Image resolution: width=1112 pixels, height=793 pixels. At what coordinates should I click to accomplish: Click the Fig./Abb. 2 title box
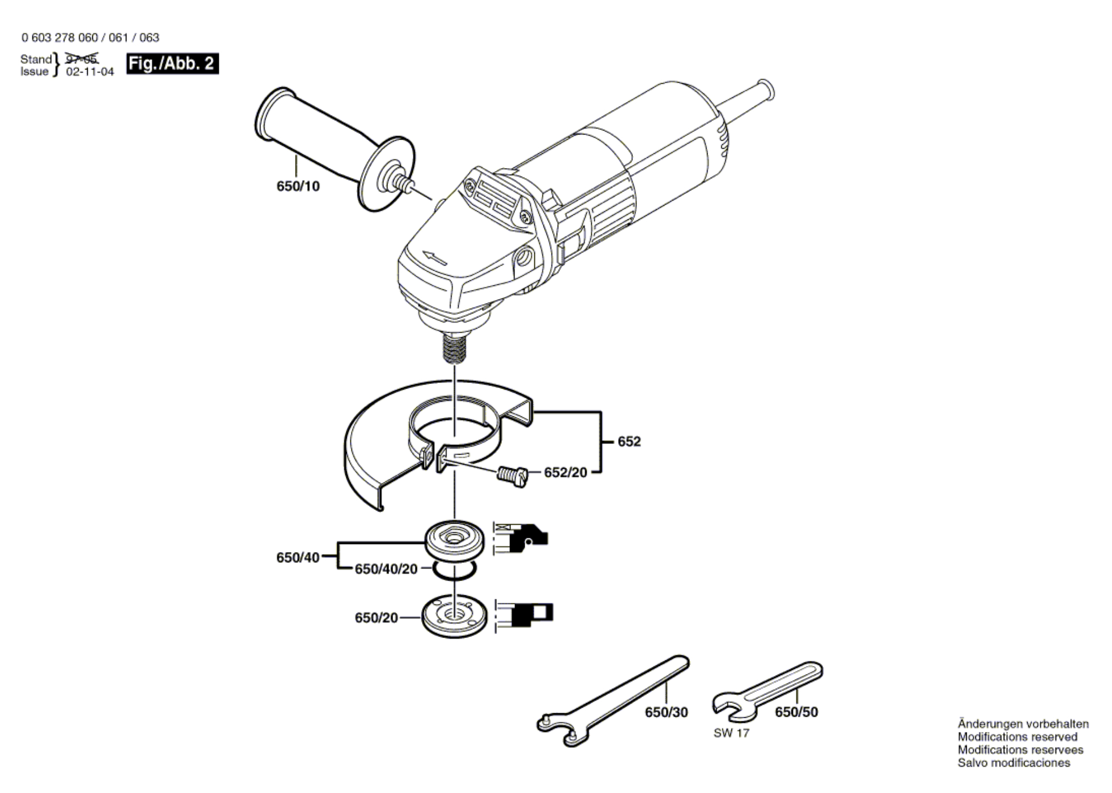click(173, 63)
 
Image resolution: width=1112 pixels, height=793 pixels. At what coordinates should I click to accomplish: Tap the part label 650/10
click(298, 186)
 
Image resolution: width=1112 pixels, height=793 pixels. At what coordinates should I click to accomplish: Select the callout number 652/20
click(565, 473)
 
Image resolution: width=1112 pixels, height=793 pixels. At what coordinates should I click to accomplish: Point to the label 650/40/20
click(386, 569)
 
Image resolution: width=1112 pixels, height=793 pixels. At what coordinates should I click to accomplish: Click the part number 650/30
click(667, 712)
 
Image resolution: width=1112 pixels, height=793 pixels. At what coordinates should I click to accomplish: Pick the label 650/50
click(796, 712)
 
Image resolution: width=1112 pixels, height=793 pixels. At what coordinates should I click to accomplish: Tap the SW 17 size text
click(731, 733)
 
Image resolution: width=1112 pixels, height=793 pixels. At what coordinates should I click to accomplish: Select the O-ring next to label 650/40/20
click(454, 569)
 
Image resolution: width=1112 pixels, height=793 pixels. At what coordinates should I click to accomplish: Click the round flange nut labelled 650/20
click(454, 616)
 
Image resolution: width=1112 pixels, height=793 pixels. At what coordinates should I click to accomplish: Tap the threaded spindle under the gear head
click(455, 349)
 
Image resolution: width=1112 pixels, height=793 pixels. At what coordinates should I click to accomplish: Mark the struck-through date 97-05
click(82, 58)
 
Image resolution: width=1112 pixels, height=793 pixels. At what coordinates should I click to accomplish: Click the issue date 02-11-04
click(90, 72)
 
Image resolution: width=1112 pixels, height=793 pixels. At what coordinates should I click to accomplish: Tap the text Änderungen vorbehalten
click(1023, 724)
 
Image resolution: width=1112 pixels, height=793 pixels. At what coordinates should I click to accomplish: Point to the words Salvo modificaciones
click(1014, 763)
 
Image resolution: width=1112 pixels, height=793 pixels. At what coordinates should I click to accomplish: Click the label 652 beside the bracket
click(629, 442)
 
